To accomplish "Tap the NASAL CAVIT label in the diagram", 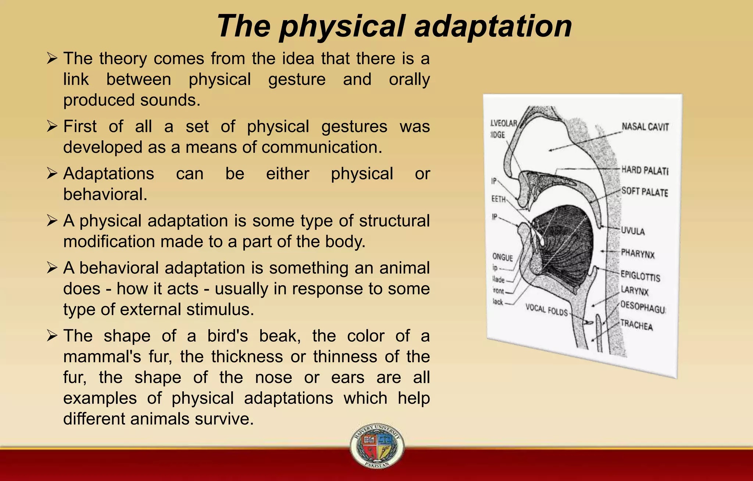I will click(645, 127).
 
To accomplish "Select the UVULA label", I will click(633, 231).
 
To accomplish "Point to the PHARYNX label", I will click(638, 254).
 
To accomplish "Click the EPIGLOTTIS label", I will click(640, 276).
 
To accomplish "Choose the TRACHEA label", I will click(636, 325).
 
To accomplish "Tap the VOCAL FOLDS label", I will click(546, 310).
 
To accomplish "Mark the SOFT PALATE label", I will click(645, 192).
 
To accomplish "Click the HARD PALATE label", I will click(645, 170).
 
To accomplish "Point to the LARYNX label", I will click(635, 291).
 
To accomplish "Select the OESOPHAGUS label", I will click(643, 307).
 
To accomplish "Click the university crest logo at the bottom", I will click(377, 446).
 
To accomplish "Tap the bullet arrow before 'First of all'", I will click(52, 127).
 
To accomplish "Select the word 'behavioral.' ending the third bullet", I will click(105, 194).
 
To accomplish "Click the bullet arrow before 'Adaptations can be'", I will click(52, 174).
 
